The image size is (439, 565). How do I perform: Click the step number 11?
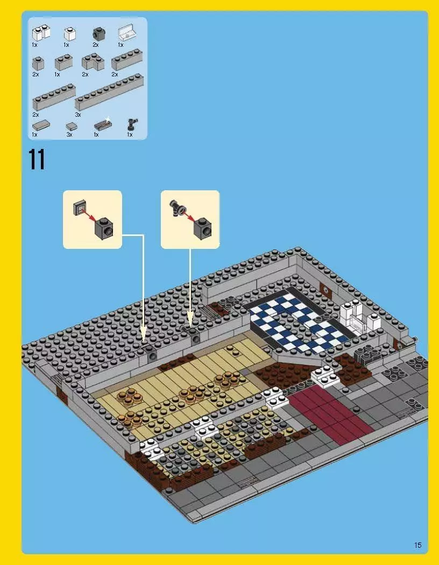pos(37,160)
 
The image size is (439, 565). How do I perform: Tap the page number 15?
pos(418,545)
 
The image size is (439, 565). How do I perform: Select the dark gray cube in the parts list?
pos(98,34)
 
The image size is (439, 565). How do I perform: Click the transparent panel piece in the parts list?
pos(125,32)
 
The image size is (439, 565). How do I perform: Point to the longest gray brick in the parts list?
pos(110,92)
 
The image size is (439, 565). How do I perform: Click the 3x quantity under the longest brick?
pos(78,115)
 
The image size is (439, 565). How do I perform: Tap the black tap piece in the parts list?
pos(131,125)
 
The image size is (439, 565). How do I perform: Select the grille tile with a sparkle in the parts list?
pos(103,125)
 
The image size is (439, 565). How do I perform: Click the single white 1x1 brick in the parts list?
pos(69,34)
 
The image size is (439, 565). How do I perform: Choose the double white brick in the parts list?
pos(40,34)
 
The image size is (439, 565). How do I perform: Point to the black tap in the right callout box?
pos(176,206)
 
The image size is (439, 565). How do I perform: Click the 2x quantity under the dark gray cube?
pos(96,45)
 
